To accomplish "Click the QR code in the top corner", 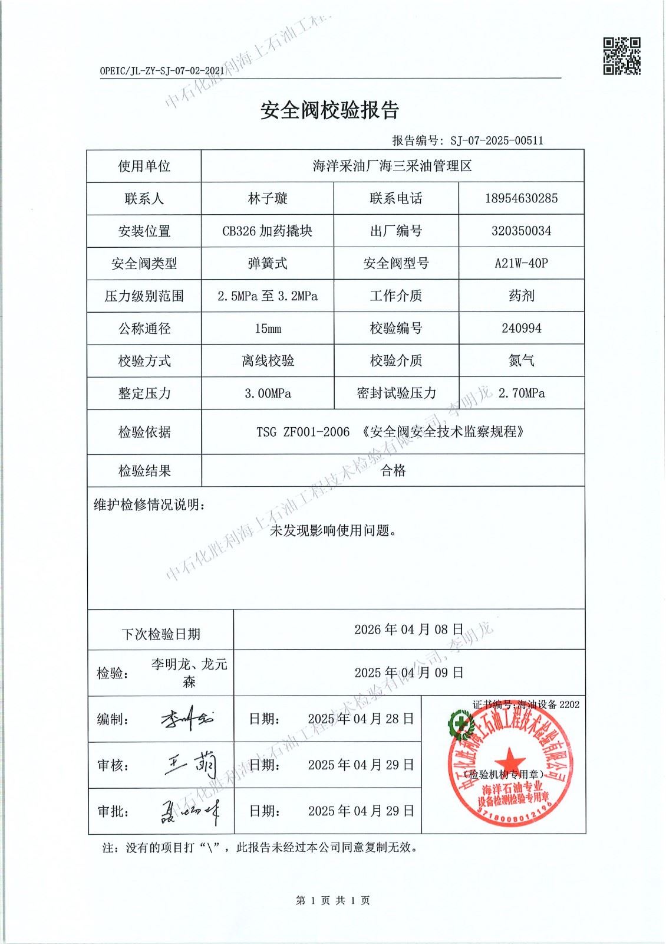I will tap(621, 56).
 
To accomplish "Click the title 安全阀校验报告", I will tap(330, 110).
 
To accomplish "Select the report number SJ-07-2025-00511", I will tap(496, 140).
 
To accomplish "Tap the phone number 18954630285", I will tap(521, 198).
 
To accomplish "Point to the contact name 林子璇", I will tap(268, 198).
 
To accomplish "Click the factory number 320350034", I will tap(521, 231).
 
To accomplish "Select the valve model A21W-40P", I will tap(521, 263).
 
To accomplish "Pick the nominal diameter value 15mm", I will tap(268, 328).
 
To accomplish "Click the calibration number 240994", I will tap(521, 328).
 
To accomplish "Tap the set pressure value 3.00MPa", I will tap(268, 393).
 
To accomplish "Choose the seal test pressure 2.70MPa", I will tap(521, 393).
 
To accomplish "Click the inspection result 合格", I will tap(393, 470).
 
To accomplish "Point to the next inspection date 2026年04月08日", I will tap(409, 629).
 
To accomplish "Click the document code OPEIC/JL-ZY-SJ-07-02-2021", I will tap(162, 71).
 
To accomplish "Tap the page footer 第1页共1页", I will tap(333, 900).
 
